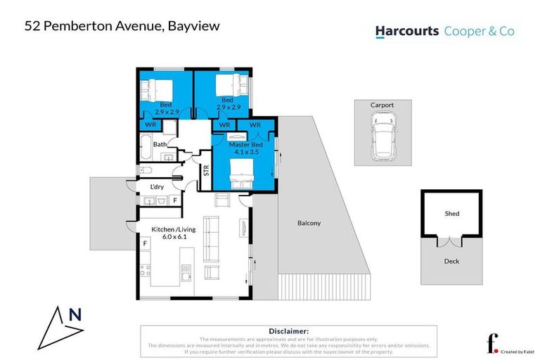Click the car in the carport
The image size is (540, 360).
click(382, 137)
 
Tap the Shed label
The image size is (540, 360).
click(451, 213)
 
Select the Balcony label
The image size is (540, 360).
click(309, 223)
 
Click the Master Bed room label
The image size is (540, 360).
click(244, 145)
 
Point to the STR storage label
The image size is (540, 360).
click(206, 170)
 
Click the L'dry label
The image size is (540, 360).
click(158, 187)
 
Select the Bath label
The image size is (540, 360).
click(160, 144)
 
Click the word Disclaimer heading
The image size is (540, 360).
click(289, 330)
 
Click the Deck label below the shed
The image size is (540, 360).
click(451, 260)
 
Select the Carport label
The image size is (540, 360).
click(382, 105)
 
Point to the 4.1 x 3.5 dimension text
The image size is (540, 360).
click(244, 153)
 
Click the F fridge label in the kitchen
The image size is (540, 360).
click(146, 243)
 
